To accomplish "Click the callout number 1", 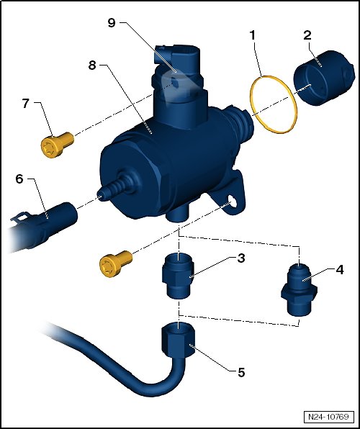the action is [252, 35].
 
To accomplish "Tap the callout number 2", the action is [307, 35].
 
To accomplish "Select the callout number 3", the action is [241, 258].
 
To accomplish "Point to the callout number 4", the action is [339, 270].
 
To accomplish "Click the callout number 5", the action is [241, 372].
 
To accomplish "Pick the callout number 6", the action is [19, 179].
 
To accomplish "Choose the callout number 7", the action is [25, 104].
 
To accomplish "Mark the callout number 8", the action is [92, 65].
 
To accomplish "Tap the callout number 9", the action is [112, 23].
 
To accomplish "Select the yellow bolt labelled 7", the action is [57, 145].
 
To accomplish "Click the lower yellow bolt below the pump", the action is [115, 263].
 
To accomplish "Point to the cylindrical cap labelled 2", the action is [324, 78].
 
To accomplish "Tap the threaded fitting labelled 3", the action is [179, 275].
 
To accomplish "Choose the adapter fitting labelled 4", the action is [299, 290].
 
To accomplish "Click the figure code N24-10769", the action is [328, 417].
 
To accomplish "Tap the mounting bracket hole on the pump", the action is [232, 202].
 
